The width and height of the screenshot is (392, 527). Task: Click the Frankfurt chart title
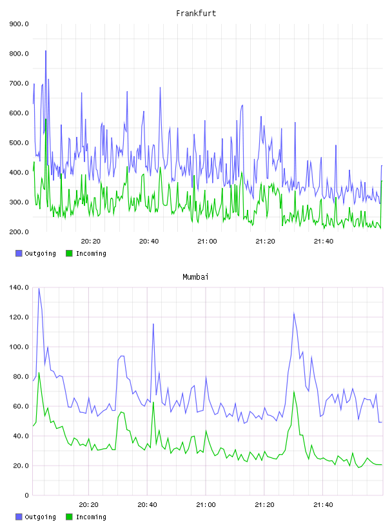[196, 14]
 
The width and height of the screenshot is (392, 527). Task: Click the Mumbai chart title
[195, 277]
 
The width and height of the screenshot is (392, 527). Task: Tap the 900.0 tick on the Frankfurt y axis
[19, 24]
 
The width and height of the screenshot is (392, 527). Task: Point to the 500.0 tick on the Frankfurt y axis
[19, 143]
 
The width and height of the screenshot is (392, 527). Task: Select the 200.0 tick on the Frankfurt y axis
[19, 232]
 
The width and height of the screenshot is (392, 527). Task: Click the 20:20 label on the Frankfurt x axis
[91, 242]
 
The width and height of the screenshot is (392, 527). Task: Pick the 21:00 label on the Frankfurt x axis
[207, 242]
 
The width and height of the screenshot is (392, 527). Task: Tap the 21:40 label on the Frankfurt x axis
[324, 242]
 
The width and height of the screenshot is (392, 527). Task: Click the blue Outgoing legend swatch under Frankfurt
[19, 253]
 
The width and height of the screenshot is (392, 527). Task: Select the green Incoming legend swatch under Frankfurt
[69, 253]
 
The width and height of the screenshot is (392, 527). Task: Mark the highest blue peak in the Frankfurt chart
[46, 51]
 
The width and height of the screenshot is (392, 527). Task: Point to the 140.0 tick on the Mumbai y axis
[19, 287]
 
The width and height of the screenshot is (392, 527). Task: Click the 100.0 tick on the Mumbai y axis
[19, 347]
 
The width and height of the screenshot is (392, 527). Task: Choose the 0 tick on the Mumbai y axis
[26, 495]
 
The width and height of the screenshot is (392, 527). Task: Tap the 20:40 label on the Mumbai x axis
[148, 505]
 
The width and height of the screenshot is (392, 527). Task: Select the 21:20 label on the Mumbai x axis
[264, 505]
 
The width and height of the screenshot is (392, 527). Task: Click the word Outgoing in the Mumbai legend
[40, 517]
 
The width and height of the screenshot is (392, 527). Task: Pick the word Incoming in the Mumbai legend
[91, 517]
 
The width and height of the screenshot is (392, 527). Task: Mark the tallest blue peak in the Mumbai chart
[39, 289]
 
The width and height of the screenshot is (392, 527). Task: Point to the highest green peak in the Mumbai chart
[39, 373]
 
